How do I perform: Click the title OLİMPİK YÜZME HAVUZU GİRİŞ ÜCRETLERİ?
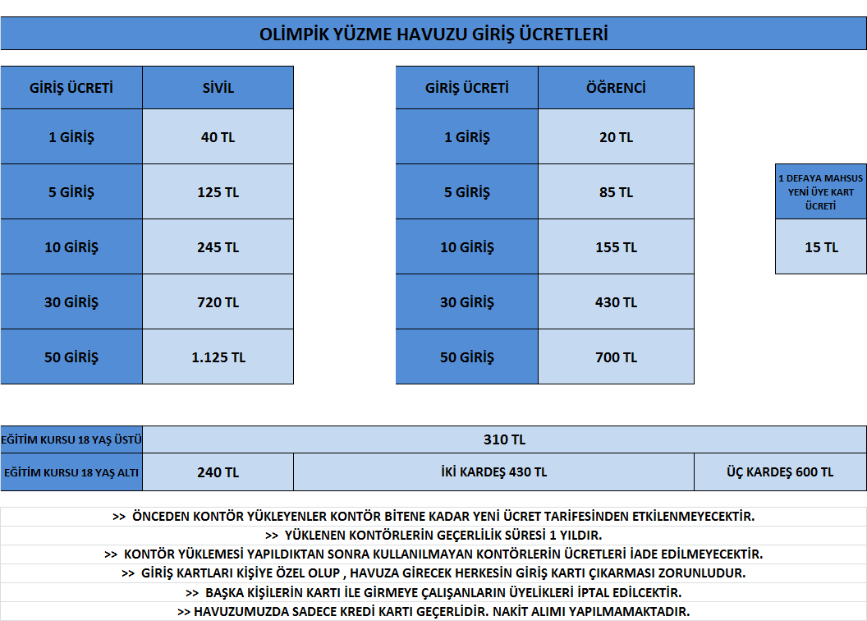[x=433, y=34]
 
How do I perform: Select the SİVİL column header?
[x=218, y=87]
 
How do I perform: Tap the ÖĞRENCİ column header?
[x=616, y=87]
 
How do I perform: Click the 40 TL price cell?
[x=218, y=136]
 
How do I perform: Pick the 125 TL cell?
[x=218, y=192]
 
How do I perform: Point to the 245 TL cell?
[x=218, y=246]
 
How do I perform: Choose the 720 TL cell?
[x=218, y=302]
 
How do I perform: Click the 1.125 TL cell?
[x=218, y=357]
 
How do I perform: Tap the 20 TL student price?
[x=616, y=136]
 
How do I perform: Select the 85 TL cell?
[x=616, y=192]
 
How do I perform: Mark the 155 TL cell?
[x=616, y=246]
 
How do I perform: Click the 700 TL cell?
[x=616, y=357]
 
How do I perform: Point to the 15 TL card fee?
[x=821, y=246]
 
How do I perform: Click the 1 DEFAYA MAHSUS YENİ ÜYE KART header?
[x=821, y=192]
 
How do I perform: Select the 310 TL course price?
[x=504, y=439]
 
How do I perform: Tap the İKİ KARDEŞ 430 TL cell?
[x=493, y=472]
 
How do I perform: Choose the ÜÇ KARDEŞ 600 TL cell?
[x=780, y=472]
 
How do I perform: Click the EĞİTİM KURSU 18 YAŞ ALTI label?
[x=71, y=473]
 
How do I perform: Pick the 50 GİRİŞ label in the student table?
[x=466, y=357]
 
